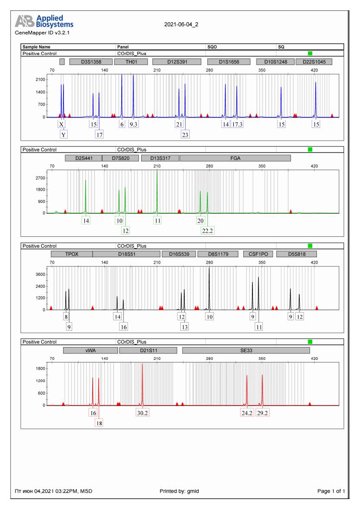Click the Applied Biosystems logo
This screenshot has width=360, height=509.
pos(44,21)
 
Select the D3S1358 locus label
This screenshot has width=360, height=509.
pos(90,62)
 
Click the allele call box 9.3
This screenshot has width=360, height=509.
pos(133,124)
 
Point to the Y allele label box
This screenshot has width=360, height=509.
pos(63,134)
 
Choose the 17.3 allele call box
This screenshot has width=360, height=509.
pos(237,124)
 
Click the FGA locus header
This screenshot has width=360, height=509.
pos(235,158)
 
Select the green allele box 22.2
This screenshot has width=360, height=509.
pos(207,230)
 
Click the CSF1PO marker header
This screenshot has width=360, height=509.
pos(258,254)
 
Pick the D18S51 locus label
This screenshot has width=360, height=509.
pos(127,254)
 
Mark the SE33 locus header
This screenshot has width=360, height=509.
pos(246,350)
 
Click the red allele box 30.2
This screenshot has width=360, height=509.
pos(143,413)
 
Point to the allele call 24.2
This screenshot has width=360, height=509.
pos(247,413)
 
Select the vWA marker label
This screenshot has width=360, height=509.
pos(93,350)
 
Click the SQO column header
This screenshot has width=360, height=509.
pos(212,47)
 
